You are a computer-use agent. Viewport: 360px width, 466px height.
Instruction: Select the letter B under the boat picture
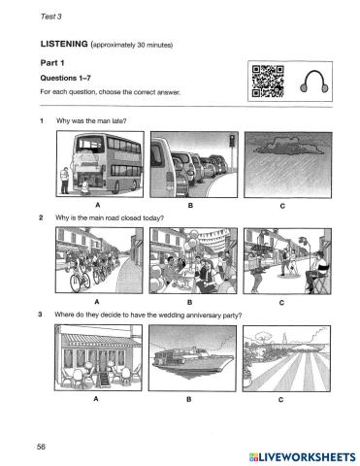[x=189, y=399]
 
